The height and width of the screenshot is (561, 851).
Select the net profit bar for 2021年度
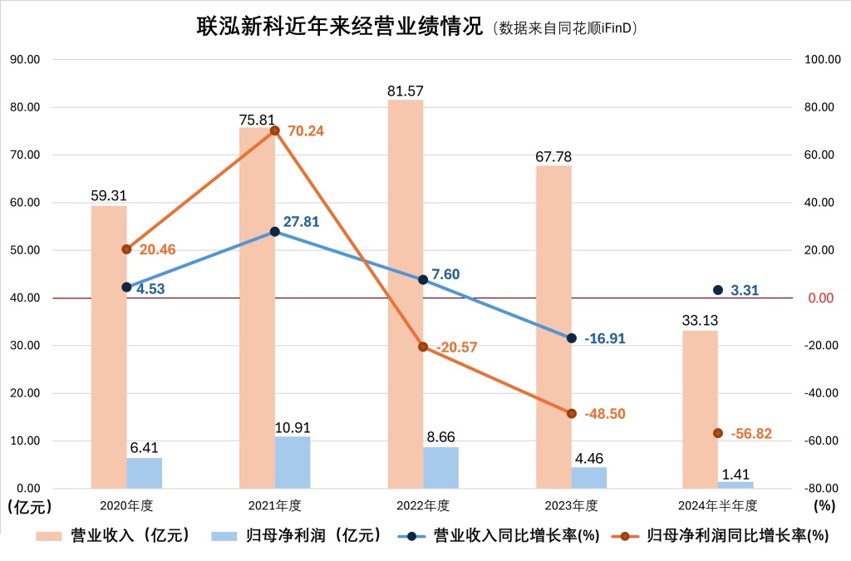(292, 462)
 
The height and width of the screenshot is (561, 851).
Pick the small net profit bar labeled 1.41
(735, 485)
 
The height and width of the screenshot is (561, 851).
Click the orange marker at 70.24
(275, 130)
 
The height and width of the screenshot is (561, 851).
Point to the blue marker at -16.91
(572, 338)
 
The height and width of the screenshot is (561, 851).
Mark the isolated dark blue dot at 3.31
(718, 290)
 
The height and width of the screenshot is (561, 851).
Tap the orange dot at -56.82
(718, 433)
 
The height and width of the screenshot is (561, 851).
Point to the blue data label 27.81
(300, 222)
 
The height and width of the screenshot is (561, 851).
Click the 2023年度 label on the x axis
(571, 505)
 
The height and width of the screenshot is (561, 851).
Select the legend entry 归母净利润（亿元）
(298, 535)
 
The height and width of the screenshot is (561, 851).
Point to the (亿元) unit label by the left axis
(29, 506)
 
